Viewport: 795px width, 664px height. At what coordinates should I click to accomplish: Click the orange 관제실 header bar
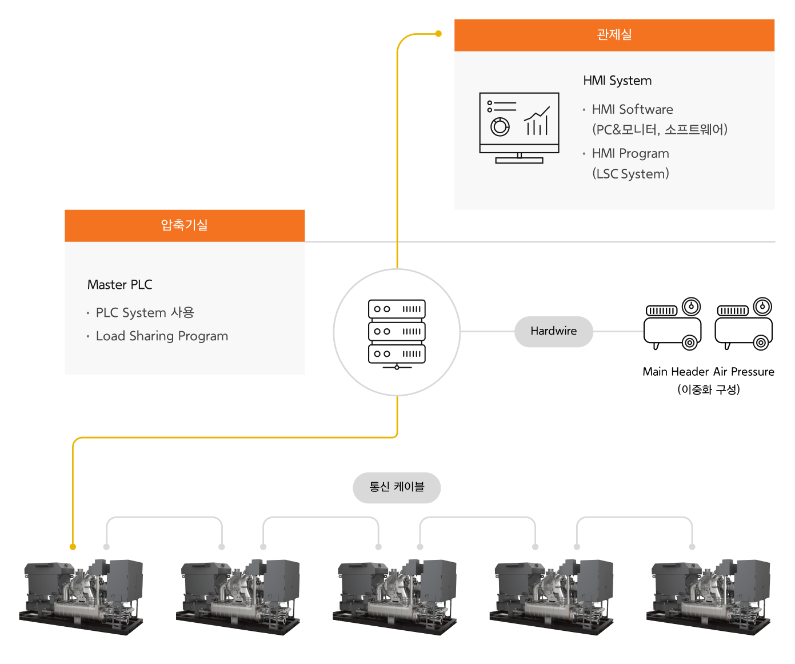point(614,35)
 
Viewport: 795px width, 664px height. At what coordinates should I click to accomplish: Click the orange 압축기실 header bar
point(184,225)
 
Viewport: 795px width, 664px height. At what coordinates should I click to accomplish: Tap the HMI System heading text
point(617,81)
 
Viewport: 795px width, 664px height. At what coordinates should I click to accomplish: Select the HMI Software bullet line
point(632,109)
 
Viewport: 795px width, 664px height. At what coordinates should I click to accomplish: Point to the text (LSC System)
point(630,174)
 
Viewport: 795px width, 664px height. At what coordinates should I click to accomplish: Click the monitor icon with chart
point(519,128)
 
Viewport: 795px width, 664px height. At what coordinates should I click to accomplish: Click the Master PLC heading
point(120,285)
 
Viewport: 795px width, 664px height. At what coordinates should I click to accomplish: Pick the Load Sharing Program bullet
point(162,336)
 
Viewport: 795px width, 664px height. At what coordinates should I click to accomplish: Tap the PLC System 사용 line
point(145,313)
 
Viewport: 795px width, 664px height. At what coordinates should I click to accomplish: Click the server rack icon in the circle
point(397,333)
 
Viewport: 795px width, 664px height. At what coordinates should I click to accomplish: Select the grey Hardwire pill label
point(553,331)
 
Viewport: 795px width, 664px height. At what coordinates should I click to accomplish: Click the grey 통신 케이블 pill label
point(397,487)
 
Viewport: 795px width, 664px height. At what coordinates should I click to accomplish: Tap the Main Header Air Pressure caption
point(708,372)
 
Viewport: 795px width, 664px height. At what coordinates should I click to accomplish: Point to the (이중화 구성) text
point(708,389)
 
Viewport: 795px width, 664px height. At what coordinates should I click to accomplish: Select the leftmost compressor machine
point(81,596)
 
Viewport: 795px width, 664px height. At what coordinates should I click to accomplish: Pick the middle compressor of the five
point(394,596)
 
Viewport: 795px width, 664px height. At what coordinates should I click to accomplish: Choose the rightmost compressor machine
point(708,596)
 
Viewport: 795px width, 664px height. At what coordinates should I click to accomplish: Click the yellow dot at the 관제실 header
point(438,34)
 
